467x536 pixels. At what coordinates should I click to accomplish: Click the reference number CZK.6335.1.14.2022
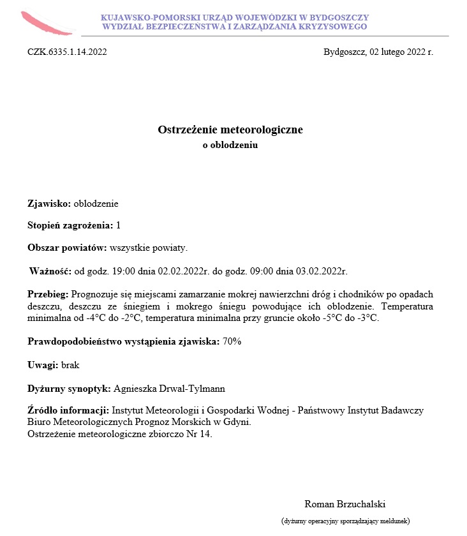pos(67,52)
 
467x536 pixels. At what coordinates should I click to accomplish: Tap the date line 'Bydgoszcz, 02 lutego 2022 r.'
pos(378,52)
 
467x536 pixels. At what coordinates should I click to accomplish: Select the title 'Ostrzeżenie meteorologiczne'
pos(230,130)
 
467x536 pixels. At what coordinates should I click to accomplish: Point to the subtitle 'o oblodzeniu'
pos(230,145)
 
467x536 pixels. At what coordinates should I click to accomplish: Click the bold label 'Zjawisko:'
pos(50,204)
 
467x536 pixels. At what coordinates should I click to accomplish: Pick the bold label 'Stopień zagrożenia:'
pos(70,225)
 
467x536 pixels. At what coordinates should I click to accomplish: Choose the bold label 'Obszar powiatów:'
pos(68,247)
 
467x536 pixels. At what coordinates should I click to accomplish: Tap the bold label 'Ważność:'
pos(50,271)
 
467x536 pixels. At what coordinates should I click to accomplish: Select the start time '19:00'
pos(124,271)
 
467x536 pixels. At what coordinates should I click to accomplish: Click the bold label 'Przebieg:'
pos(48,295)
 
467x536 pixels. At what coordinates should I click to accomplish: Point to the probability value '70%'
pos(232,342)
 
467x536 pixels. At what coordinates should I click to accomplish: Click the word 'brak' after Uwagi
pos(70,365)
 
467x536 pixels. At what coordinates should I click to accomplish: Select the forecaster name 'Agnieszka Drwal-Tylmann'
pos(168,388)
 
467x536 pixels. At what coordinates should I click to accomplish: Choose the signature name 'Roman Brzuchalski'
pos(345,503)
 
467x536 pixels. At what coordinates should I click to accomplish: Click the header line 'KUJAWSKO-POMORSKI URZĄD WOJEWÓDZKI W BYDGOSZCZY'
pos(235,18)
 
